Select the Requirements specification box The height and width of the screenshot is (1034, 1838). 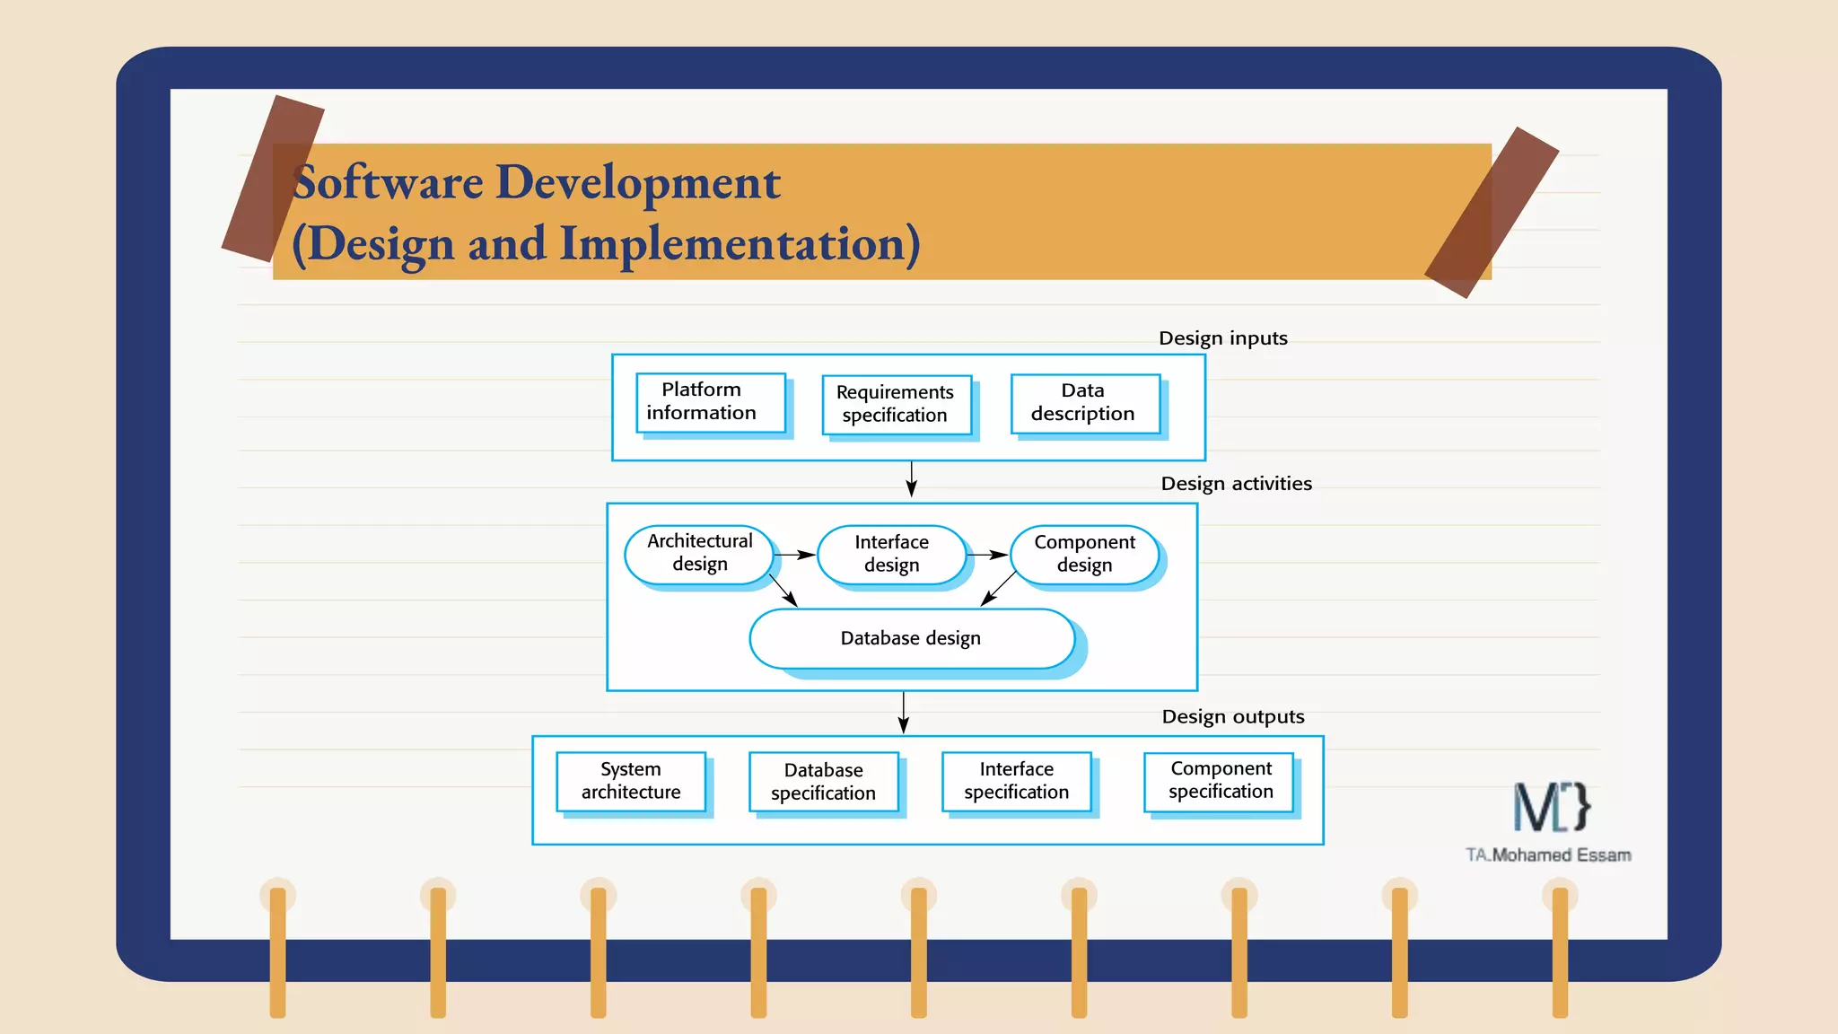click(x=897, y=404)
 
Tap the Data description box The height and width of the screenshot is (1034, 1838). click(x=1084, y=403)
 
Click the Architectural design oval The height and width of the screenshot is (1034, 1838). click(x=699, y=554)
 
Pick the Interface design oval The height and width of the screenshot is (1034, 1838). click(x=891, y=554)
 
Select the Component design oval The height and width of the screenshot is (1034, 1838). click(x=1084, y=554)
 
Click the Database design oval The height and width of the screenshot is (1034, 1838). click(x=911, y=638)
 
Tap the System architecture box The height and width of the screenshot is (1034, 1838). click(x=630, y=781)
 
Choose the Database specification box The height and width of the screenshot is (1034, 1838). click(x=823, y=782)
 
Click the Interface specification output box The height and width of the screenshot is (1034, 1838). click(x=1016, y=781)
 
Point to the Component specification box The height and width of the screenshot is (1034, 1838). click(x=1220, y=781)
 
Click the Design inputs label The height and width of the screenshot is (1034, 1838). click(x=1222, y=338)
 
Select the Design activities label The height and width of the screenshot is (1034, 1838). click(x=1236, y=484)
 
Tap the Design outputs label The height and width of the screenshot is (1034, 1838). click(x=1232, y=716)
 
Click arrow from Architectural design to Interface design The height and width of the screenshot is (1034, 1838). click(x=794, y=555)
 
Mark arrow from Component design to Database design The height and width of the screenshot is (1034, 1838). click(x=998, y=589)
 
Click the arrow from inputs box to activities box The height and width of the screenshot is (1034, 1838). click(x=911, y=479)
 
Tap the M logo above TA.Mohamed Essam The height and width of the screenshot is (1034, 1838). click(x=1551, y=807)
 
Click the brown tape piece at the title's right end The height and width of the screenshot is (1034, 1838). click(x=1492, y=213)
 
